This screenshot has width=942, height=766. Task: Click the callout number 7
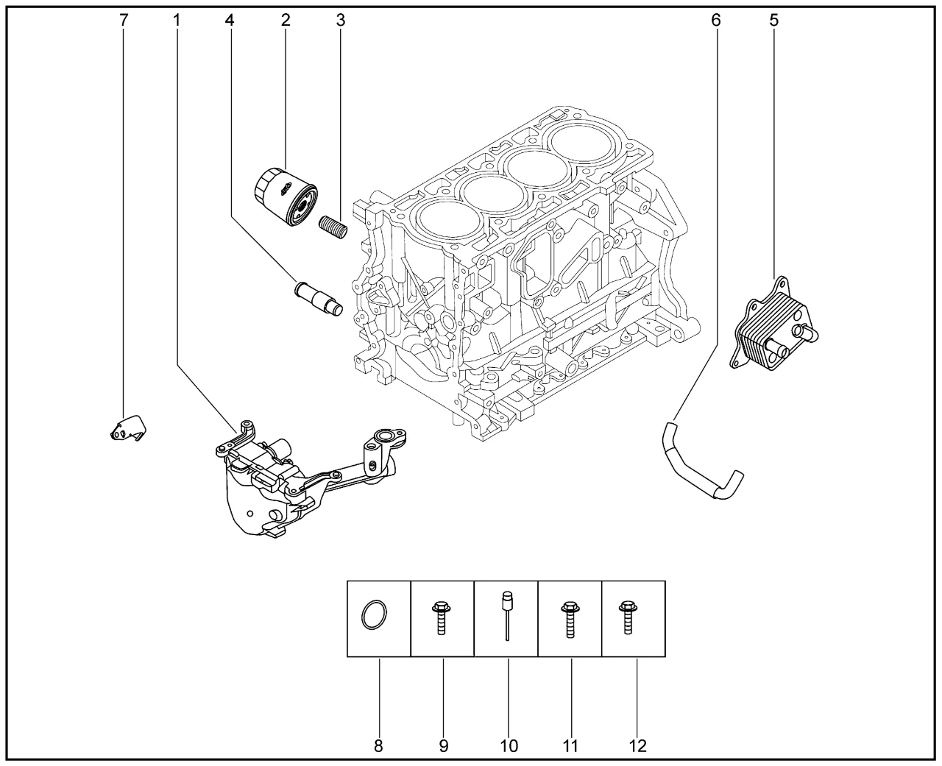124,21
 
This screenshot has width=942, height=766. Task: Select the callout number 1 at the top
177,21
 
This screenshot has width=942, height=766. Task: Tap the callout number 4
230,21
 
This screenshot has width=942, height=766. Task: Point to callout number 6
715,21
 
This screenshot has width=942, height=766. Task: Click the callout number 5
773,21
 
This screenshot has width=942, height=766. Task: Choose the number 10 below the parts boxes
509,746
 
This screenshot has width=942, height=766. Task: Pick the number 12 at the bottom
637,746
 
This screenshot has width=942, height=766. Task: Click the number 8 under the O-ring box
378,746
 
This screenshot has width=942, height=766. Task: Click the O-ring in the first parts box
374,614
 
